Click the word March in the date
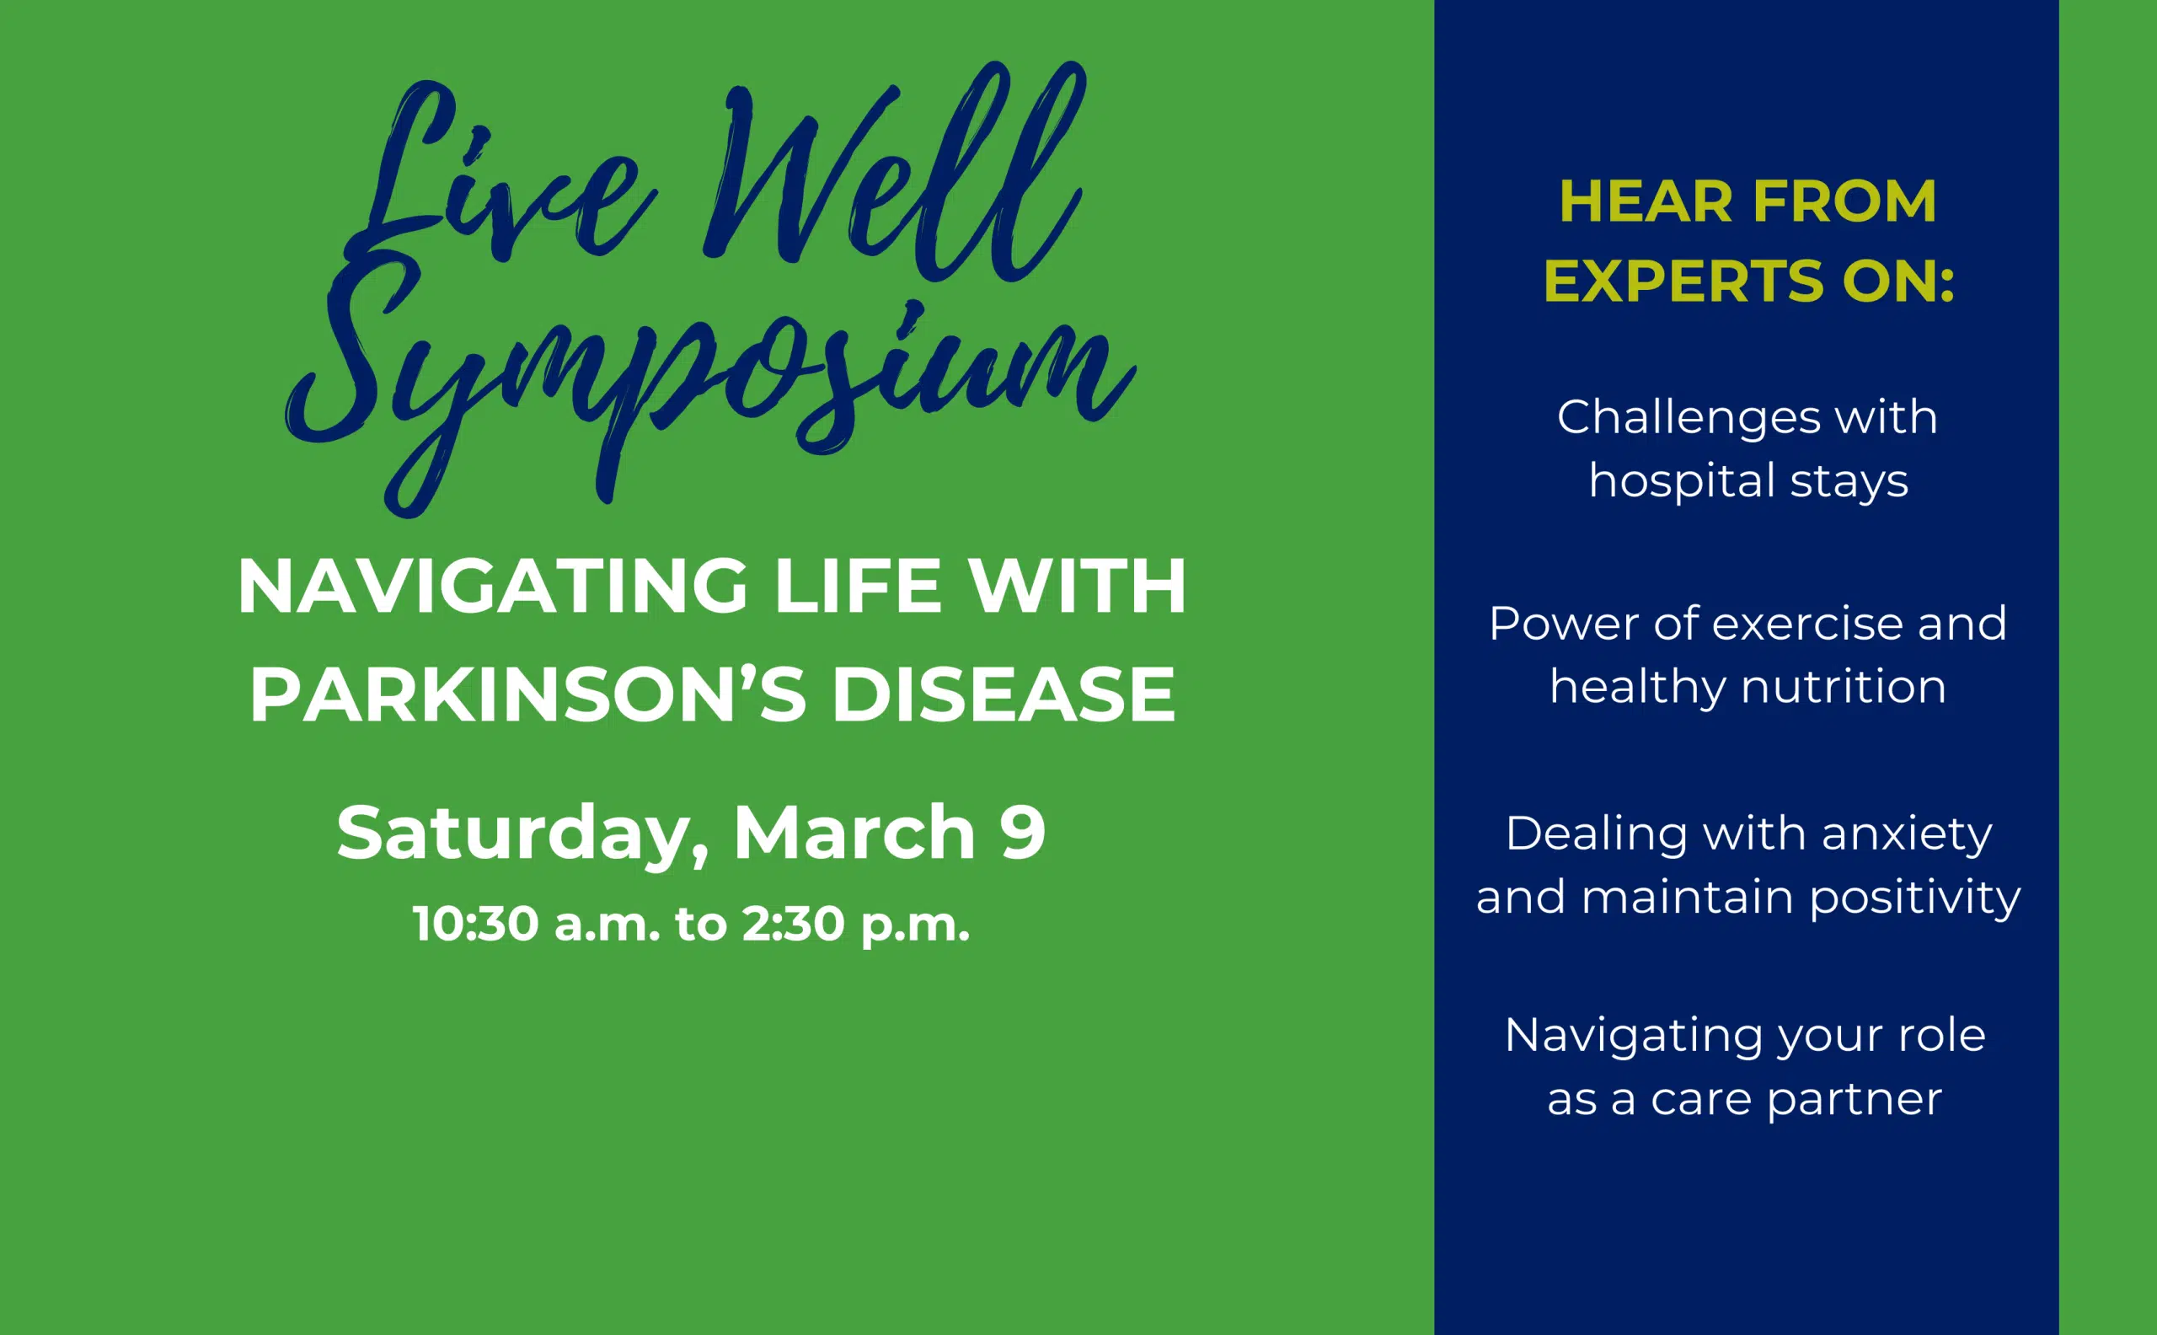pos(854,833)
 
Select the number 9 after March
pos(1023,833)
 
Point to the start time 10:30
pos(476,925)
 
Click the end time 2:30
pos(794,925)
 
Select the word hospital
pos(1681,482)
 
